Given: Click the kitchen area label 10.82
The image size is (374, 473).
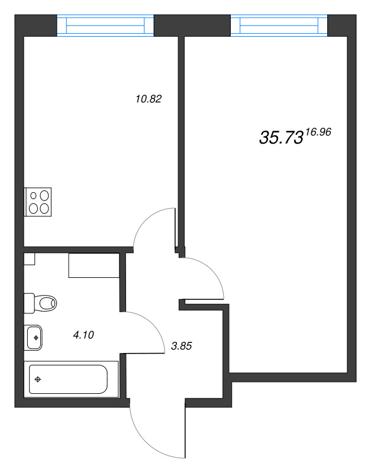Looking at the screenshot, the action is (x=149, y=99).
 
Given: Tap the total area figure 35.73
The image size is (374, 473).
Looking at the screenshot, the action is (x=281, y=138).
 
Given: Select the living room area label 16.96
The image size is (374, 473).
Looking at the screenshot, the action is (x=318, y=132).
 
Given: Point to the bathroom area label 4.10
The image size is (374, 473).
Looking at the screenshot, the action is (x=83, y=335).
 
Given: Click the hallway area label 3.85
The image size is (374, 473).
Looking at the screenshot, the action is (x=182, y=346).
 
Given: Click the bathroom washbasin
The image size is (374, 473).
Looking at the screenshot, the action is (x=33, y=338).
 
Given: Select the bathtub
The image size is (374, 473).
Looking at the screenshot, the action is (x=68, y=379).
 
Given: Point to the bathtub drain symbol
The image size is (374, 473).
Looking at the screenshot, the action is (x=38, y=379).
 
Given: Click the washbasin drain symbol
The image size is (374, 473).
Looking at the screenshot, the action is (x=36, y=338).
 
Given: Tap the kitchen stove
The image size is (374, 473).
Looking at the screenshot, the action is (x=38, y=202).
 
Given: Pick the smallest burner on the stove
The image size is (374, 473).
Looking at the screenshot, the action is (x=34, y=196).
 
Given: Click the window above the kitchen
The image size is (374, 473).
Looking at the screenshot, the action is (x=105, y=25).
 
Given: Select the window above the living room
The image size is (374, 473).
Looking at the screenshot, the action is (x=279, y=25).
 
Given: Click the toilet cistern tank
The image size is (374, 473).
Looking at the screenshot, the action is (x=29, y=303).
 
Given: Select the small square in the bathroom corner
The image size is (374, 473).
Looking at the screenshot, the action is (x=29, y=259).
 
